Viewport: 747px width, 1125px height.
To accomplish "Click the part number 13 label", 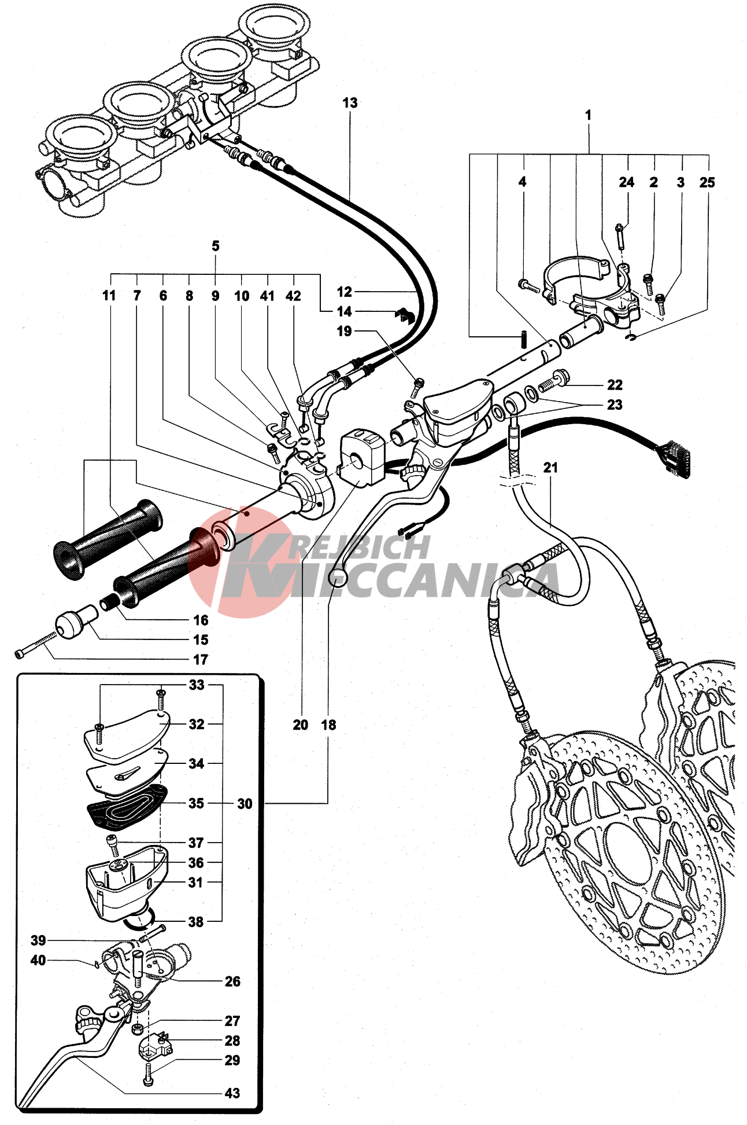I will pos(350,103).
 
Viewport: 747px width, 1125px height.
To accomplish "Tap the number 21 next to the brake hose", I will pos(550,467).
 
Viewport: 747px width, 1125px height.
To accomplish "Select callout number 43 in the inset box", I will pos(232,1093).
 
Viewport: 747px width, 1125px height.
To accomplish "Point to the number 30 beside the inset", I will pos(245,804).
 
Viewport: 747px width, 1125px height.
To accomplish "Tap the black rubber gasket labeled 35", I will pos(127,807).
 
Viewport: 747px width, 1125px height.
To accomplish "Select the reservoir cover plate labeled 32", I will pos(127,735).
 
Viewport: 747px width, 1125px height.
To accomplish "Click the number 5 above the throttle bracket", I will pos(216,246).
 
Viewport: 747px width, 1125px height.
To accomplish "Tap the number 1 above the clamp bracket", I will pos(588,115).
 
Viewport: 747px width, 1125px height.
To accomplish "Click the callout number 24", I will pos(627,182).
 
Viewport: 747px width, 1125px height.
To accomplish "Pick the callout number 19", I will pos(344,331).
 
